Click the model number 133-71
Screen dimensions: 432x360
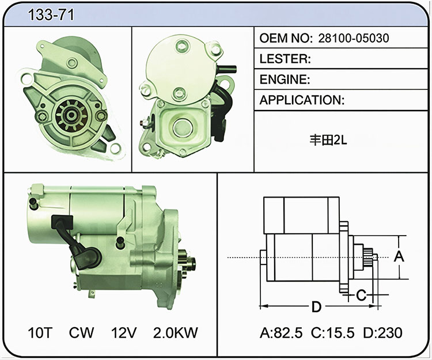click(x=51, y=14)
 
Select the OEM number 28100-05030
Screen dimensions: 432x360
click(x=354, y=38)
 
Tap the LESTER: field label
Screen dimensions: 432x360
click(x=285, y=59)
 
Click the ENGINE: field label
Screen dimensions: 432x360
click(x=285, y=79)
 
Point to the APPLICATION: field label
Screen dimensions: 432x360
click(x=302, y=100)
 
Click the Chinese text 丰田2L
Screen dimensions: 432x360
click(x=328, y=140)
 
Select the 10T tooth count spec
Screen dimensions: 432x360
click(x=40, y=332)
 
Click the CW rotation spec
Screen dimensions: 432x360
click(x=81, y=332)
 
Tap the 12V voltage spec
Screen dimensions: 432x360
click(x=124, y=332)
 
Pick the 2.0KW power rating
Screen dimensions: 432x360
click(x=176, y=332)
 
